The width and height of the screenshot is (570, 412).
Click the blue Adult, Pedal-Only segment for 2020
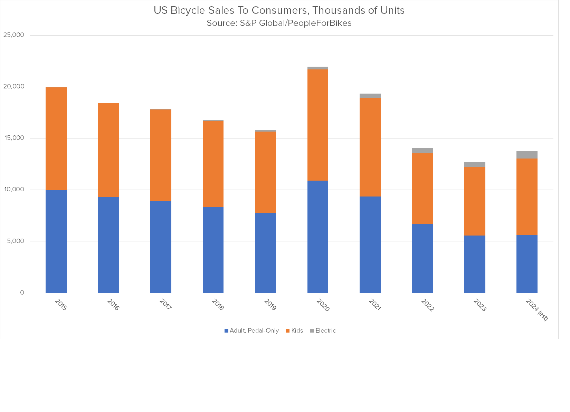click(x=317, y=237)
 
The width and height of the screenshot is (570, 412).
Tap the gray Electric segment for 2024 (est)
click(x=527, y=155)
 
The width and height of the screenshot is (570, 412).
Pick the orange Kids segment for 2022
click(x=422, y=189)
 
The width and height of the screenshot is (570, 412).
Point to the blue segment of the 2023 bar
click(x=475, y=264)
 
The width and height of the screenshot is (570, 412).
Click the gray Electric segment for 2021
click(x=370, y=96)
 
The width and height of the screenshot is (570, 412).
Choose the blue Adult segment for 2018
click(x=213, y=250)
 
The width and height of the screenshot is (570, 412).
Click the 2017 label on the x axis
click(x=165, y=305)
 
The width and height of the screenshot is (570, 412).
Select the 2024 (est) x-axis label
click(x=537, y=310)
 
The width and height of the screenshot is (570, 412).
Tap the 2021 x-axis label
click(x=374, y=305)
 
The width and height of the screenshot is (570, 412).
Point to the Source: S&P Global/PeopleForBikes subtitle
click(x=279, y=23)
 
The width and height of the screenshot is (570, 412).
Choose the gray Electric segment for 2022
click(x=422, y=150)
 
